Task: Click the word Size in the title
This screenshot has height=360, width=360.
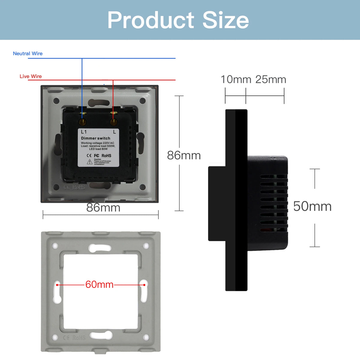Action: tap(226, 20)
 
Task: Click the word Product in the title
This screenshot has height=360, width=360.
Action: tap(151, 20)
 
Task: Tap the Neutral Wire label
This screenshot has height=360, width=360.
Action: tap(28, 53)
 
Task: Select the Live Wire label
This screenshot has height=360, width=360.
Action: tap(31, 76)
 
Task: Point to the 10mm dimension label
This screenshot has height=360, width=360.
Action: tap(236, 79)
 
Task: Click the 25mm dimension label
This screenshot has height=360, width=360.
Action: tap(271, 79)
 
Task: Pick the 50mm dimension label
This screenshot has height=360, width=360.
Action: tap(312, 206)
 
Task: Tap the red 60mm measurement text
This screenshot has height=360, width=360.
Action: tap(99, 284)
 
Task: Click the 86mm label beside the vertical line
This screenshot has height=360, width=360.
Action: tap(184, 155)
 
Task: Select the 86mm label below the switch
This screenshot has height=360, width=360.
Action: tap(103, 208)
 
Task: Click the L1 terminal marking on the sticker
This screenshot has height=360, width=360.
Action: tap(84, 132)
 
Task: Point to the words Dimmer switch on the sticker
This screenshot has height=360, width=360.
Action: tap(95, 138)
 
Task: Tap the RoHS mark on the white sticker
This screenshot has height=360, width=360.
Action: tap(106, 156)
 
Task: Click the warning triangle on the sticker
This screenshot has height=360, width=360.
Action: tap(89, 162)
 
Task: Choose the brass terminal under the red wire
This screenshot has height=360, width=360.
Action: tap(113, 122)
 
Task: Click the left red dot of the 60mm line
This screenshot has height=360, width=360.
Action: tap(57, 284)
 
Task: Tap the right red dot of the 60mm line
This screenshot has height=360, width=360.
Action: tap(144, 284)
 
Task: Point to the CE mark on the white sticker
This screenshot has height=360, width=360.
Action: tap(89, 156)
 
